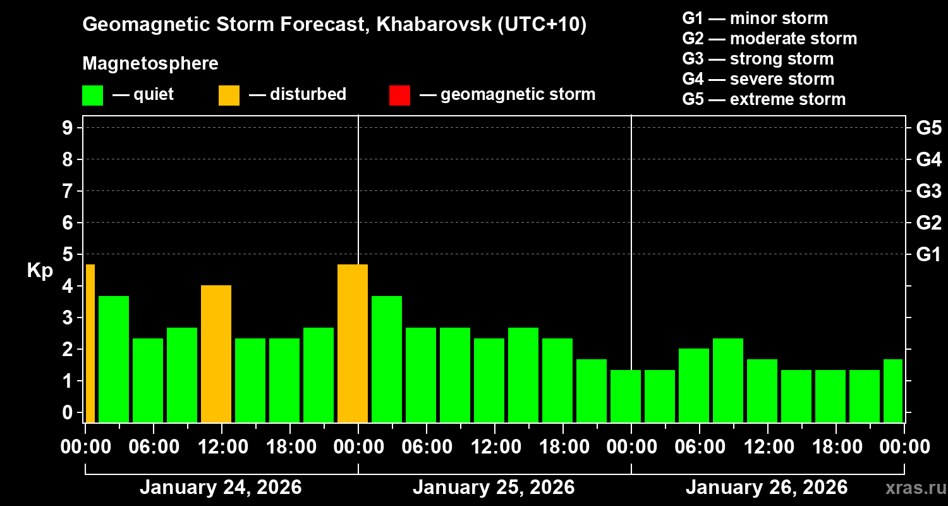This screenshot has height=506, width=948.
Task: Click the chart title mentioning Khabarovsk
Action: (334, 25)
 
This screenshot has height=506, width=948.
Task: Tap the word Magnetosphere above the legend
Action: (150, 64)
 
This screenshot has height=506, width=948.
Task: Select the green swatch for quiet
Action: (92, 96)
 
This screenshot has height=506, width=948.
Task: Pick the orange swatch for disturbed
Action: (229, 96)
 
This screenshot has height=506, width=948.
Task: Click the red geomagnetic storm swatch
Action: (399, 96)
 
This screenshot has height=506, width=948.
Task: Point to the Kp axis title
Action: (40, 271)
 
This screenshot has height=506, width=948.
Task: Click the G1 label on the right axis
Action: (928, 255)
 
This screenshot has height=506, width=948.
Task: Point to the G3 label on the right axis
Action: (928, 191)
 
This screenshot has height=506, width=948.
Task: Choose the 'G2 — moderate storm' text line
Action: (769, 39)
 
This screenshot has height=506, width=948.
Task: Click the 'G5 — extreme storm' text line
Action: (763, 99)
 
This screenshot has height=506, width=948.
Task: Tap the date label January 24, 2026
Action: (221, 488)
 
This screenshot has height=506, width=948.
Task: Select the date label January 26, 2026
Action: (767, 488)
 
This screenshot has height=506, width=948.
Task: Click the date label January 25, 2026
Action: (494, 488)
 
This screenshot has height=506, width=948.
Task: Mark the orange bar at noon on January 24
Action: (216, 354)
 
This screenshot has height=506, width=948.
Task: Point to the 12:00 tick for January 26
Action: (767, 447)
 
